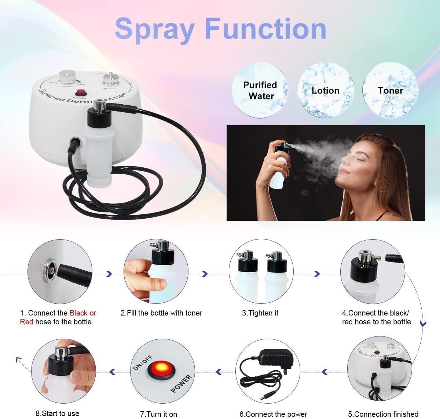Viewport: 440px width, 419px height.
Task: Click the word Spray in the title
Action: [x=154, y=29]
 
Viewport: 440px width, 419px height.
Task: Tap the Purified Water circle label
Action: [x=260, y=90]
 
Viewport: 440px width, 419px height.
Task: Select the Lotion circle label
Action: [x=325, y=91]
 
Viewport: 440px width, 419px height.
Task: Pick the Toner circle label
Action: [x=390, y=90]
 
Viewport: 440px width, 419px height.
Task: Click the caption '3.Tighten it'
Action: [x=260, y=313]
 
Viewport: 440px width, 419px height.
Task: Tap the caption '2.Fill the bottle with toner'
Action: [x=161, y=313]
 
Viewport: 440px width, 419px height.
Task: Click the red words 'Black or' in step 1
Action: [x=83, y=313]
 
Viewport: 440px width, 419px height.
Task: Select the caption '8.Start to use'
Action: [x=57, y=413]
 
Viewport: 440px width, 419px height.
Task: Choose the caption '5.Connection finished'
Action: [x=383, y=414]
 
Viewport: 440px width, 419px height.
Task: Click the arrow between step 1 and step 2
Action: [x=109, y=274]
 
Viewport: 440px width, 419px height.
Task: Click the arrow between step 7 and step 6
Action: [x=219, y=372]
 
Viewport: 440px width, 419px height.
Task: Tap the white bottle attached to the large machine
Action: [x=98, y=150]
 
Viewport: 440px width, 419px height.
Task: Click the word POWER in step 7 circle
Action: [x=181, y=383]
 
